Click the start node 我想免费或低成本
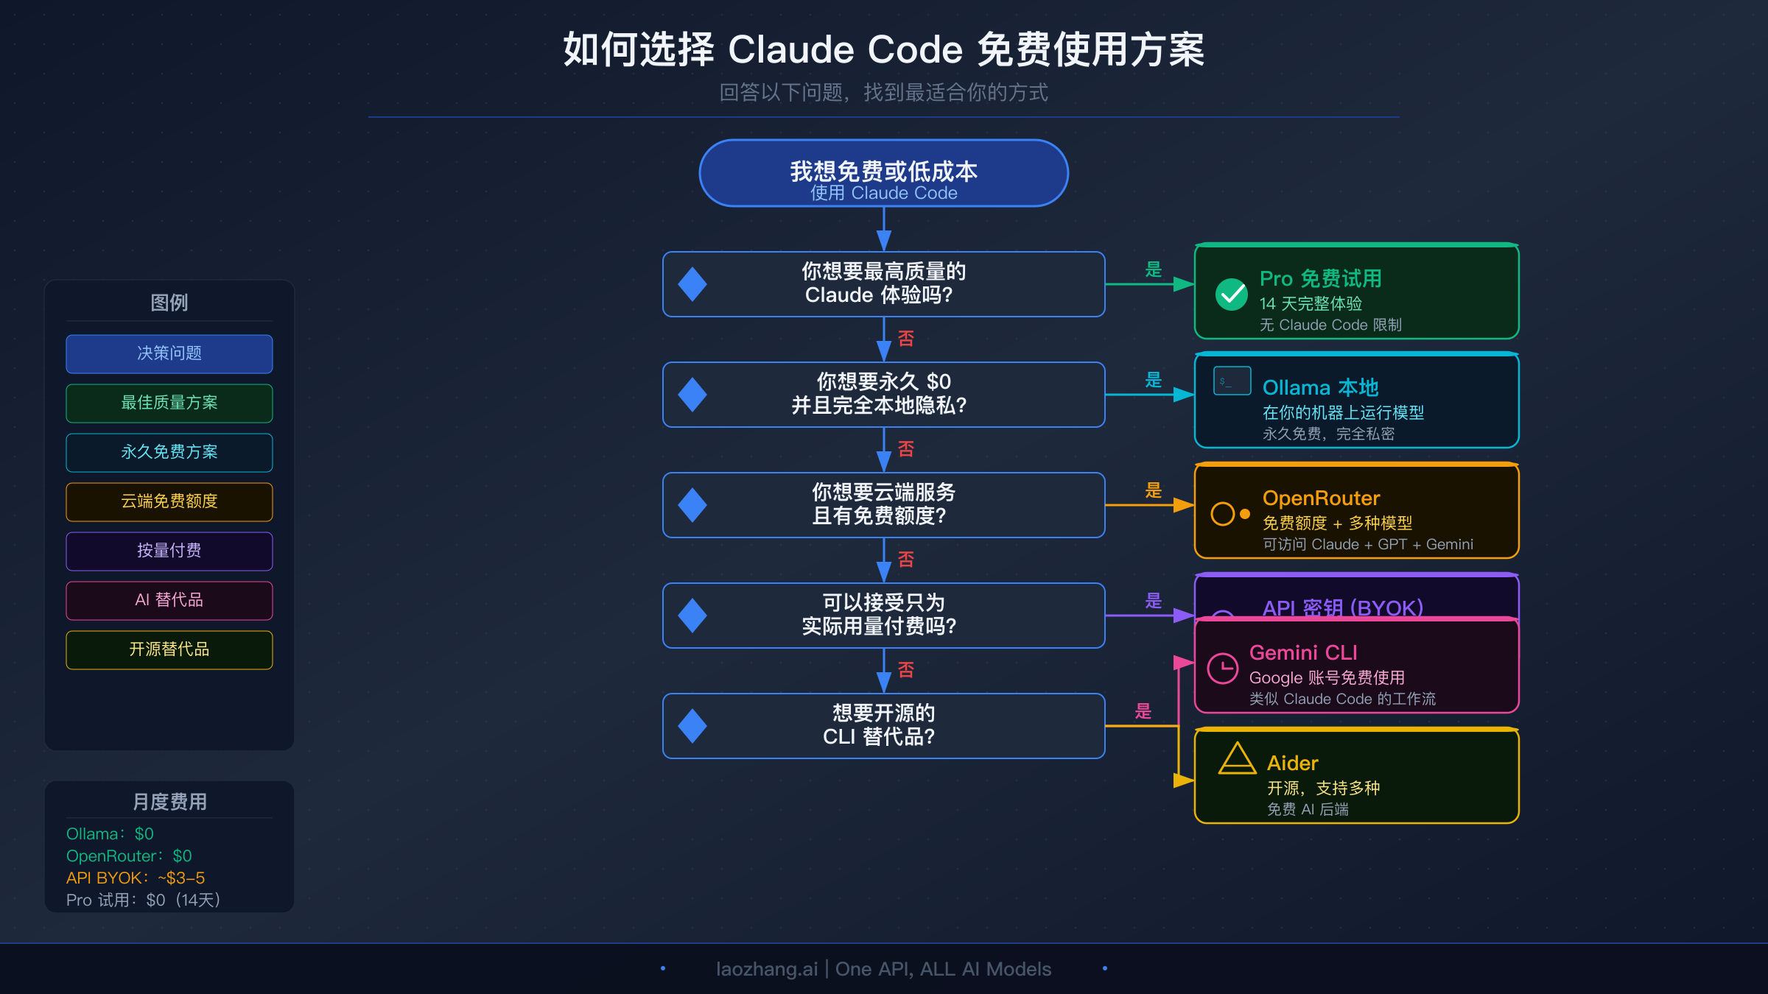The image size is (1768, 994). point(883,173)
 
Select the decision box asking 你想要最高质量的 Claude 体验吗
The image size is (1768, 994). point(883,283)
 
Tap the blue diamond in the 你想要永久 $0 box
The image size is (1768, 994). point(692,395)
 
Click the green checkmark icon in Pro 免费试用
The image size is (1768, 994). point(1231,295)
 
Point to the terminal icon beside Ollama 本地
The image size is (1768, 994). point(1232,381)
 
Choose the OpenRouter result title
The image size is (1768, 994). point(1321,498)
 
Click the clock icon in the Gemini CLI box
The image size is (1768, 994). point(1223,669)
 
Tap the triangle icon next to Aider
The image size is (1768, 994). point(1237,759)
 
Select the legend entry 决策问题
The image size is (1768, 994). point(169,353)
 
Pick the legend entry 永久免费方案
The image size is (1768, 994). point(169,452)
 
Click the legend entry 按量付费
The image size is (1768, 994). point(169,551)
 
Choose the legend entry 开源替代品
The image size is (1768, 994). point(169,649)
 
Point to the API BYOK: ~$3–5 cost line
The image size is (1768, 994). point(136,878)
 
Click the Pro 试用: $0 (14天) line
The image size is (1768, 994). point(143,900)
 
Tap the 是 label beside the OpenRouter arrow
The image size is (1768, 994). point(1154,490)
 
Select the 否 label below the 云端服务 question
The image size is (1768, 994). point(906,560)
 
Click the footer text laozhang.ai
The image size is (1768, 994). point(766,969)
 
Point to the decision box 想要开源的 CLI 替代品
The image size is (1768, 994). point(883,725)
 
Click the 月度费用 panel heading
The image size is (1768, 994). point(169,802)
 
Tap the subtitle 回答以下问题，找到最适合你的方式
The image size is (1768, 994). point(883,93)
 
